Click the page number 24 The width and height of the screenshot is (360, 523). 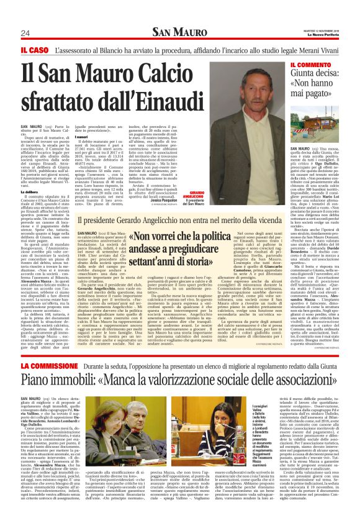[x=25, y=33]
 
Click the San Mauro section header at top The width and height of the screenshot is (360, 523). [x=180, y=32]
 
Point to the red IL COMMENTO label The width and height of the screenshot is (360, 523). [x=313, y=65]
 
